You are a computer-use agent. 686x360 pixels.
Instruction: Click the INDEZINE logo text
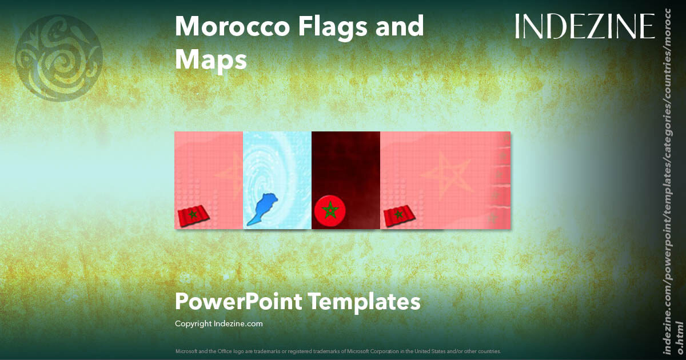click(x=584, y=27)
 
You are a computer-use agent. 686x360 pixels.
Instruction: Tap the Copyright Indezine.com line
click(x=218, y=324)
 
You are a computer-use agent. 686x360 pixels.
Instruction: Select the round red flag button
click(x=329, y=210)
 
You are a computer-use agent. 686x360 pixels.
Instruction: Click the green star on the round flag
click(x=329, y=210)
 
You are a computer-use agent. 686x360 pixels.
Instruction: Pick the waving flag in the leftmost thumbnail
click(x=193, y=215)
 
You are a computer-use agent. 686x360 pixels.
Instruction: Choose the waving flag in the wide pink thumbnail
click(x=399, y=215)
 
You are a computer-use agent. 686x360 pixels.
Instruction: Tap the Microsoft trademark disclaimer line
click(x=338, y=351)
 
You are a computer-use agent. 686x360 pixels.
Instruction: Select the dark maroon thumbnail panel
click(x=346, y=171)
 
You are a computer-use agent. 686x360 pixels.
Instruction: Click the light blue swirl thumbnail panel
click(x=277, y=160)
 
